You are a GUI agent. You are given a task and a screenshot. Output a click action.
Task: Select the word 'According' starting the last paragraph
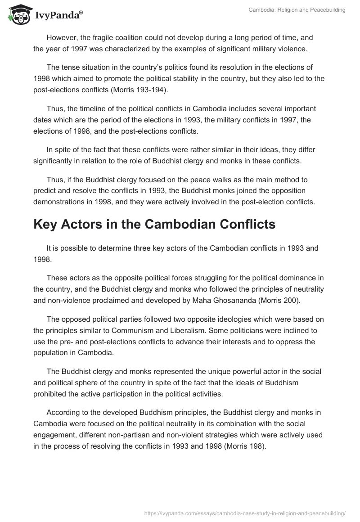(x=62, y=413)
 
